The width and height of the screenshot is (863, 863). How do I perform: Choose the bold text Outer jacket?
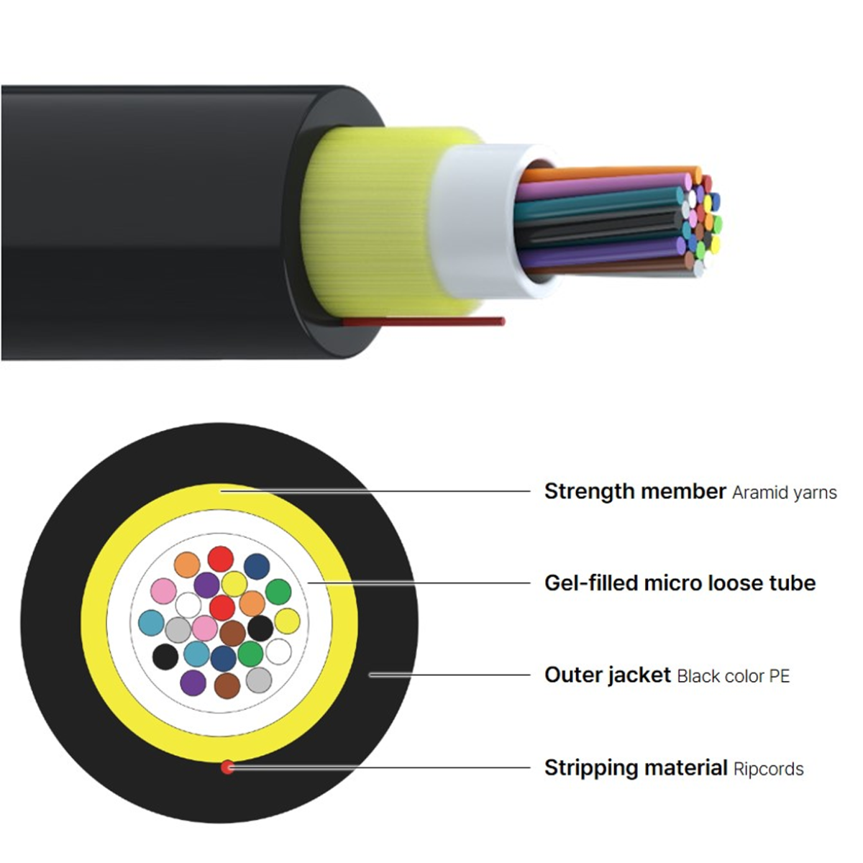coord(607,675)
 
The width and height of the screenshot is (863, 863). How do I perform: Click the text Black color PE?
coord(733,676)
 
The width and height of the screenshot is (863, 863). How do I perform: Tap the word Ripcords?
coord(769,769)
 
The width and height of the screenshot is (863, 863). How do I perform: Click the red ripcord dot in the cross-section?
coord(227,767)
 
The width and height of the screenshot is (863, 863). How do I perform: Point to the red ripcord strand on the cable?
coord(423,321)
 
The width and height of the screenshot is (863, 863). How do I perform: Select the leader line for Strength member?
coord(375,491)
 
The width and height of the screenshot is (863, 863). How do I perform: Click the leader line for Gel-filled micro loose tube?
coord(419,583)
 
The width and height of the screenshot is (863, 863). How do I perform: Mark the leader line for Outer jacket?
coord(449,675)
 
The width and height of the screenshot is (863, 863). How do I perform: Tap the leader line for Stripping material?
coord(379,767)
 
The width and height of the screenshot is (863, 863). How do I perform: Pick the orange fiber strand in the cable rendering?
coord(609,174)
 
